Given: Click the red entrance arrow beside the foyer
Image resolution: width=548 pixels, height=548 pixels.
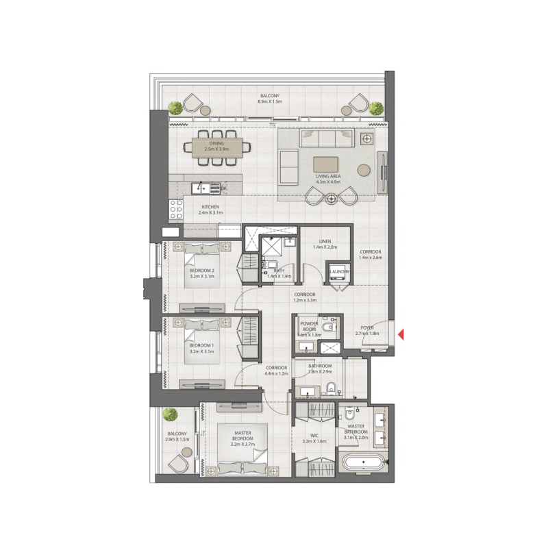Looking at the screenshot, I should [x=402, y=334].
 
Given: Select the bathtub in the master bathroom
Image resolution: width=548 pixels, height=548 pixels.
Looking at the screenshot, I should [x=366, y=462].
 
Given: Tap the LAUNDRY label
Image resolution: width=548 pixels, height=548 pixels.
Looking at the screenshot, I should [x=339, y=272].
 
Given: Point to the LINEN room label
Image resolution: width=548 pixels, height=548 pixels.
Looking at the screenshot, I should [x=325, y=240].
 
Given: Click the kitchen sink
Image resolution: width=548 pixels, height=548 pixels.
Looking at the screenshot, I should [x=203, y=186].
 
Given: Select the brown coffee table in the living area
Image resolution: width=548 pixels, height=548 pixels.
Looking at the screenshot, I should [x=326, y=164].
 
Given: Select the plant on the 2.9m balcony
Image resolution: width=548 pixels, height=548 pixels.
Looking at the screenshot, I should [x=170, y=414].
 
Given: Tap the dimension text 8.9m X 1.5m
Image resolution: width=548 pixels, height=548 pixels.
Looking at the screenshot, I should [x=270, y=101].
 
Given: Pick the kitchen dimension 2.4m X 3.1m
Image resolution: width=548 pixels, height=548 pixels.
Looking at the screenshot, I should [x=210, y=213].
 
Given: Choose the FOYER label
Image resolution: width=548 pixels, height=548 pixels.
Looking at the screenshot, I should [x=368, y=328].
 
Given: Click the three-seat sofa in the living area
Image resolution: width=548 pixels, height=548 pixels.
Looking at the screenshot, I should [x=325, y=139].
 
